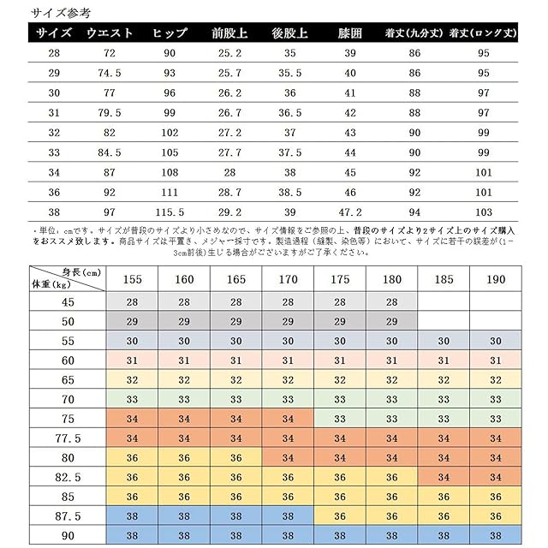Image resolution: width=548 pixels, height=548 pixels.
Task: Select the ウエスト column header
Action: tap(109, 33)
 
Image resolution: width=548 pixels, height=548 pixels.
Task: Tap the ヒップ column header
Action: tap(170, 33)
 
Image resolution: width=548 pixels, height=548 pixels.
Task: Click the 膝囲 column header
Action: tap(349, 33)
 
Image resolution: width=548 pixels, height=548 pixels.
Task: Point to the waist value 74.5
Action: tap(109, 74)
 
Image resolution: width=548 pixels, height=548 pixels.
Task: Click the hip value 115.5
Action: tap(170, 211)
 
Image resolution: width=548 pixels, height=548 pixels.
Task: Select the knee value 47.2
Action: tap(349, 211)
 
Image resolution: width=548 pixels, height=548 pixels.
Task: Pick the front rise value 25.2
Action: tap(229, 54)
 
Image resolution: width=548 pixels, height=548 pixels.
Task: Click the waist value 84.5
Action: tap(109, 152)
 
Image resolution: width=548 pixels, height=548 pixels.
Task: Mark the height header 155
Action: tap(132, 280)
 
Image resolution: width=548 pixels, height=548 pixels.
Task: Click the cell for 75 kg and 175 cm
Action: tap(340, 418)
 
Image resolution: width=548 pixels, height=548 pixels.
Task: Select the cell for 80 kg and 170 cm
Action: tap(288, 457)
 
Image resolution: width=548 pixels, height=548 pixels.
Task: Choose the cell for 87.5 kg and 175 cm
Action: tap(340, 516)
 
